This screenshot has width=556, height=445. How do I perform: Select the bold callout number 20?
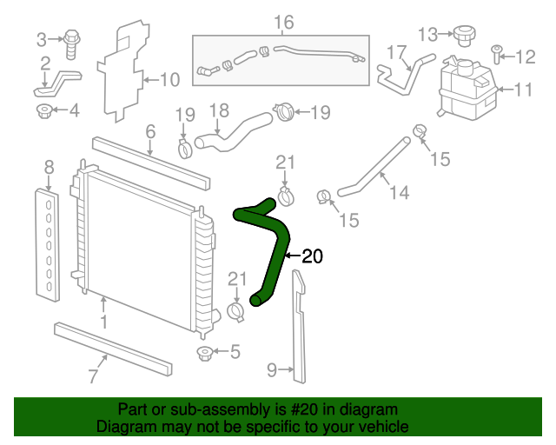click(x=313, y=256)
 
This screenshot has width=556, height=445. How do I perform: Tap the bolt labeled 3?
click(x=72, y=44)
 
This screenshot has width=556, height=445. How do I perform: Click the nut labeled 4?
click(x=44, y=111)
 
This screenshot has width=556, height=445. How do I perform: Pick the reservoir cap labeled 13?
click(x=464, y=36)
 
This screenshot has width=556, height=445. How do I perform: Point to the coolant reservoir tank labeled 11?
click(x=467, y=89)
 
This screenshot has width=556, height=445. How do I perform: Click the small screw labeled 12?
click(x=497, y=54)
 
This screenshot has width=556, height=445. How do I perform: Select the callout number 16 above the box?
click(x=284, y=23)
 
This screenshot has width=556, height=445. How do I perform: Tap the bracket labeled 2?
click(x=57, y=83)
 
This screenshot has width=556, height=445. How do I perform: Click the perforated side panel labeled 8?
click(x=47, y=246)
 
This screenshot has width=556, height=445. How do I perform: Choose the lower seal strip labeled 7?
click(x=113, y=349)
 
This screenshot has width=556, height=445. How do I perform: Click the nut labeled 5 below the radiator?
click(x=205, y=354)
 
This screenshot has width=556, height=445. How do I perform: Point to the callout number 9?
click(x=272, y=369)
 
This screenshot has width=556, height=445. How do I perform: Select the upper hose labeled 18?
click(x=234, y=132)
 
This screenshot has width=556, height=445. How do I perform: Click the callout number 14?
click(x=400, y=192)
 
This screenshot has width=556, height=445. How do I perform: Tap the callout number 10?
click(x=170, y=80)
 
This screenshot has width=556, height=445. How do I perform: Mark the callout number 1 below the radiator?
click(x=103, y=322)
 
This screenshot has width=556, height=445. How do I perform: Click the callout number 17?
click(x=396, y=52)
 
